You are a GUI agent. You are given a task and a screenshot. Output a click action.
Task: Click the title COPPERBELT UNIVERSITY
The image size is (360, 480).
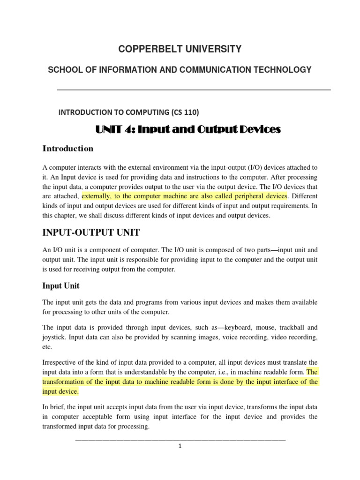(180, 49)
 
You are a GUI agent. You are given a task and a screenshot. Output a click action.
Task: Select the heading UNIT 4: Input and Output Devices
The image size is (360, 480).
(188, 129)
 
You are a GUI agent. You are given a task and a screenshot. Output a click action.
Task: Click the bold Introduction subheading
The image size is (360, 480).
(68, 149)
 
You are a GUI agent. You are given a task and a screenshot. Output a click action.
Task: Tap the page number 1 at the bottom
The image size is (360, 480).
(180, 446)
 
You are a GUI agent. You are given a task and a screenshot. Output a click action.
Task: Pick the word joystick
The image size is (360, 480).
(56, 337)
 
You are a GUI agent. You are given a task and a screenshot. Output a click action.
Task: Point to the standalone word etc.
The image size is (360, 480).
(47, 347)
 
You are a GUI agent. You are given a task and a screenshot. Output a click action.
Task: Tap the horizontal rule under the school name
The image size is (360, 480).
(194, 90)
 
